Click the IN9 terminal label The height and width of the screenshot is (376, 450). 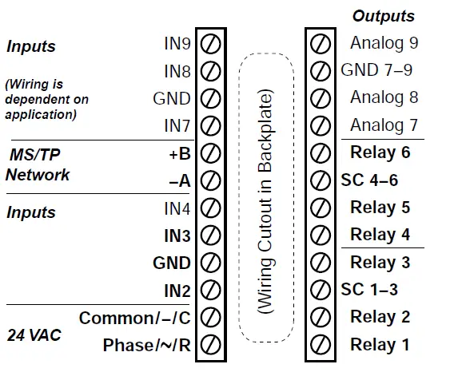coord(177,43)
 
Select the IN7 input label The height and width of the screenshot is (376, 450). coord(177,125)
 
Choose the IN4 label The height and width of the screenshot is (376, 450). coord(177,208)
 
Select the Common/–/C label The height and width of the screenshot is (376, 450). coord(135,318)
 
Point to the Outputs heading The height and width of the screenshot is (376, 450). coord(384,16)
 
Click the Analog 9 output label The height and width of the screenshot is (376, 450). coord(384,43)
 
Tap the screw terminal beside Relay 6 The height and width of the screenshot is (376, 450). coord(320,152)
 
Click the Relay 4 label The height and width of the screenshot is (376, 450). coord(380,235)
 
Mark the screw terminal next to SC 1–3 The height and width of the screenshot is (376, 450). coord(320,290)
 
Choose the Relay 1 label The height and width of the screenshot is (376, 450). coord(380,345)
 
